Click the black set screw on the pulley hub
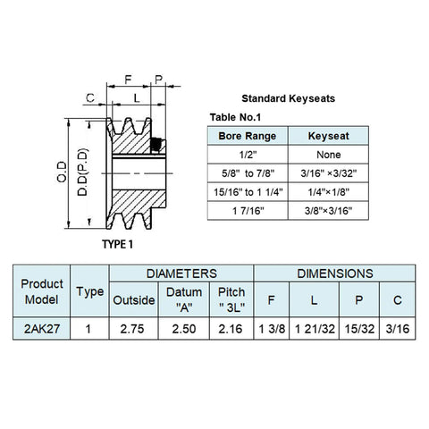click(x=156, y=145)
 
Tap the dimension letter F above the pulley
click(x=128, y=80)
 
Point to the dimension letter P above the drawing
click(x=159, y=80)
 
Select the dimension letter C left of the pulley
click(x=90, y=97)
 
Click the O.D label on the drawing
click(x=62, y=172)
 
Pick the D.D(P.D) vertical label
click(x=82, y=172)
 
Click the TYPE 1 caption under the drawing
click(x=117, y=244)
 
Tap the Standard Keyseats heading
click(x=288, y=98)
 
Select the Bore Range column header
click(x=248, y=136)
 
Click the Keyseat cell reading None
click(x=329, y=155)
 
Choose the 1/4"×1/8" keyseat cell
click(x=329, y=192)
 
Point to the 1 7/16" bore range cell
click(x=248, y=211)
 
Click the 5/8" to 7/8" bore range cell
click(x=248, y=173)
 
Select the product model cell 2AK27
click(x=42, y=329)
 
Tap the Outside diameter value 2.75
click(x=132, y=329)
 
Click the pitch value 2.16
click(x=231, y=329)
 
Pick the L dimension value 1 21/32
click(x=315, y=329)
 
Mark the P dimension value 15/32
click(x=359, y=329)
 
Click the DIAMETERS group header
click(x=181, y=273)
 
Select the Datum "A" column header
click(x=184, y=299)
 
